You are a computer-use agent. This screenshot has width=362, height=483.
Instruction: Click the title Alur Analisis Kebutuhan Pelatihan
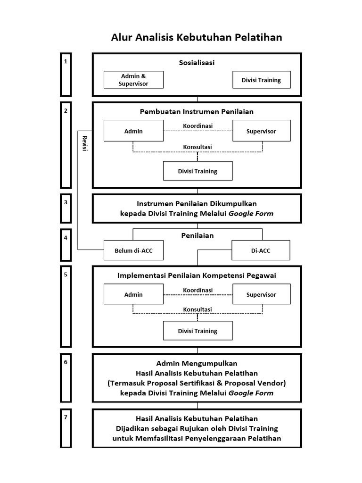click(x=197, y=37)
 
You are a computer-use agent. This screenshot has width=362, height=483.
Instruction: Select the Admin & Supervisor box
click(x=134, y=80)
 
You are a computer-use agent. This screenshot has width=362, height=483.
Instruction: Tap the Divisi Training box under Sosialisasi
click(x=261, y=80)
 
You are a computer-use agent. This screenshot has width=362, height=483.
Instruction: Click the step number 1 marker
click(x=66, y=61)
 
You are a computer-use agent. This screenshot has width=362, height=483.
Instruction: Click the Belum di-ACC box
click(x=134, y=250)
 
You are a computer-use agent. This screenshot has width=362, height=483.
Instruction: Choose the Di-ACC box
click(x=261, y=250)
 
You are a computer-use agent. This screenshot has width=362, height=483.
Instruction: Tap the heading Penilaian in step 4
click(x=197, y=235)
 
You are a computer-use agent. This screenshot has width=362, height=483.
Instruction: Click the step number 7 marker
click(x=66, y=417)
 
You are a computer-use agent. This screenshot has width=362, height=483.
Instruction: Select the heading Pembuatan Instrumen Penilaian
click(x=197, y=112)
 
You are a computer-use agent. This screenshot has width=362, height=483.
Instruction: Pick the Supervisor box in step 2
click(x=261, y=131)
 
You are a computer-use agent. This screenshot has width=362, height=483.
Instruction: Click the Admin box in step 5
click(x=133, y=294)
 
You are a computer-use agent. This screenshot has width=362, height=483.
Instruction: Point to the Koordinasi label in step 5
click(x=197, y=290)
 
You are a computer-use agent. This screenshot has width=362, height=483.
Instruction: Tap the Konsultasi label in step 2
click(x=197, y=147)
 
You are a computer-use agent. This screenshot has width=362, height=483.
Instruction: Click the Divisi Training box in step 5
click(x=197, y=331)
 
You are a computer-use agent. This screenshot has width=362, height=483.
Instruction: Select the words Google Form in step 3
click(x=256, y=214)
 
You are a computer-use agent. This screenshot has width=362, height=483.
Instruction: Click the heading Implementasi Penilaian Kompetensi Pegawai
click(x=197, y=275)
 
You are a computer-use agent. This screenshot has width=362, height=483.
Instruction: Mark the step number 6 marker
click(x=66, y=362)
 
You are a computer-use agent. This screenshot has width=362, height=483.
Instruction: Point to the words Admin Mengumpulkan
click(x=197, y=363)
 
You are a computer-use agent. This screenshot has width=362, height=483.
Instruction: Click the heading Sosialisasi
click(x=197, y=63)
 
